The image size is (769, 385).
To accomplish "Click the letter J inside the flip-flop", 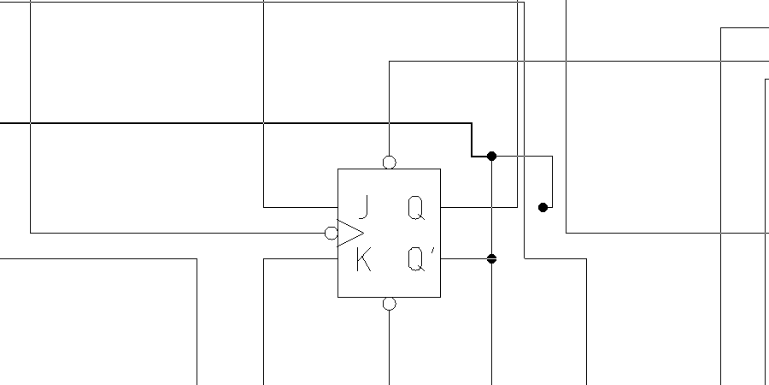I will click(x=364, y=207).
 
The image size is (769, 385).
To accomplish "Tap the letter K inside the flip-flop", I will click(x=363, y=259).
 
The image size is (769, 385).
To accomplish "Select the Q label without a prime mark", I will click(x=415, y=207).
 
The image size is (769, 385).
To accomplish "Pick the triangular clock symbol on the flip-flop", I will click(x=351, y=233).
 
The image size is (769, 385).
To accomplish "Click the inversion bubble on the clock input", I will click(x=332, y=233).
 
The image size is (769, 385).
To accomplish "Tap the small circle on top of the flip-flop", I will click(x=390, y=163).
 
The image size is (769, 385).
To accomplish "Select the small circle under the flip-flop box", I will click(x=390, y=304).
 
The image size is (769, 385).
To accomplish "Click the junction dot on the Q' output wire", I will click(x=491, y=258).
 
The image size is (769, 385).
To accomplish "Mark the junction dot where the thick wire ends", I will click(x=491, y=156).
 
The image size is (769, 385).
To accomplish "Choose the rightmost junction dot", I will click(x=543, y=207).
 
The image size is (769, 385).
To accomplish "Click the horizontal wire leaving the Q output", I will click(x=478, y=207).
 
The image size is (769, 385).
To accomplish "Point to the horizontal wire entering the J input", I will click(x=299, y=207).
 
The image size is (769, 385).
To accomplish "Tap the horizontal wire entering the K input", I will click(x=299, y=258).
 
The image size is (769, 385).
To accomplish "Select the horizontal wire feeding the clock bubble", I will click(x=171, y=233).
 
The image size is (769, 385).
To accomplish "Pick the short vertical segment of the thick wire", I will click(x=472, y=139).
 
